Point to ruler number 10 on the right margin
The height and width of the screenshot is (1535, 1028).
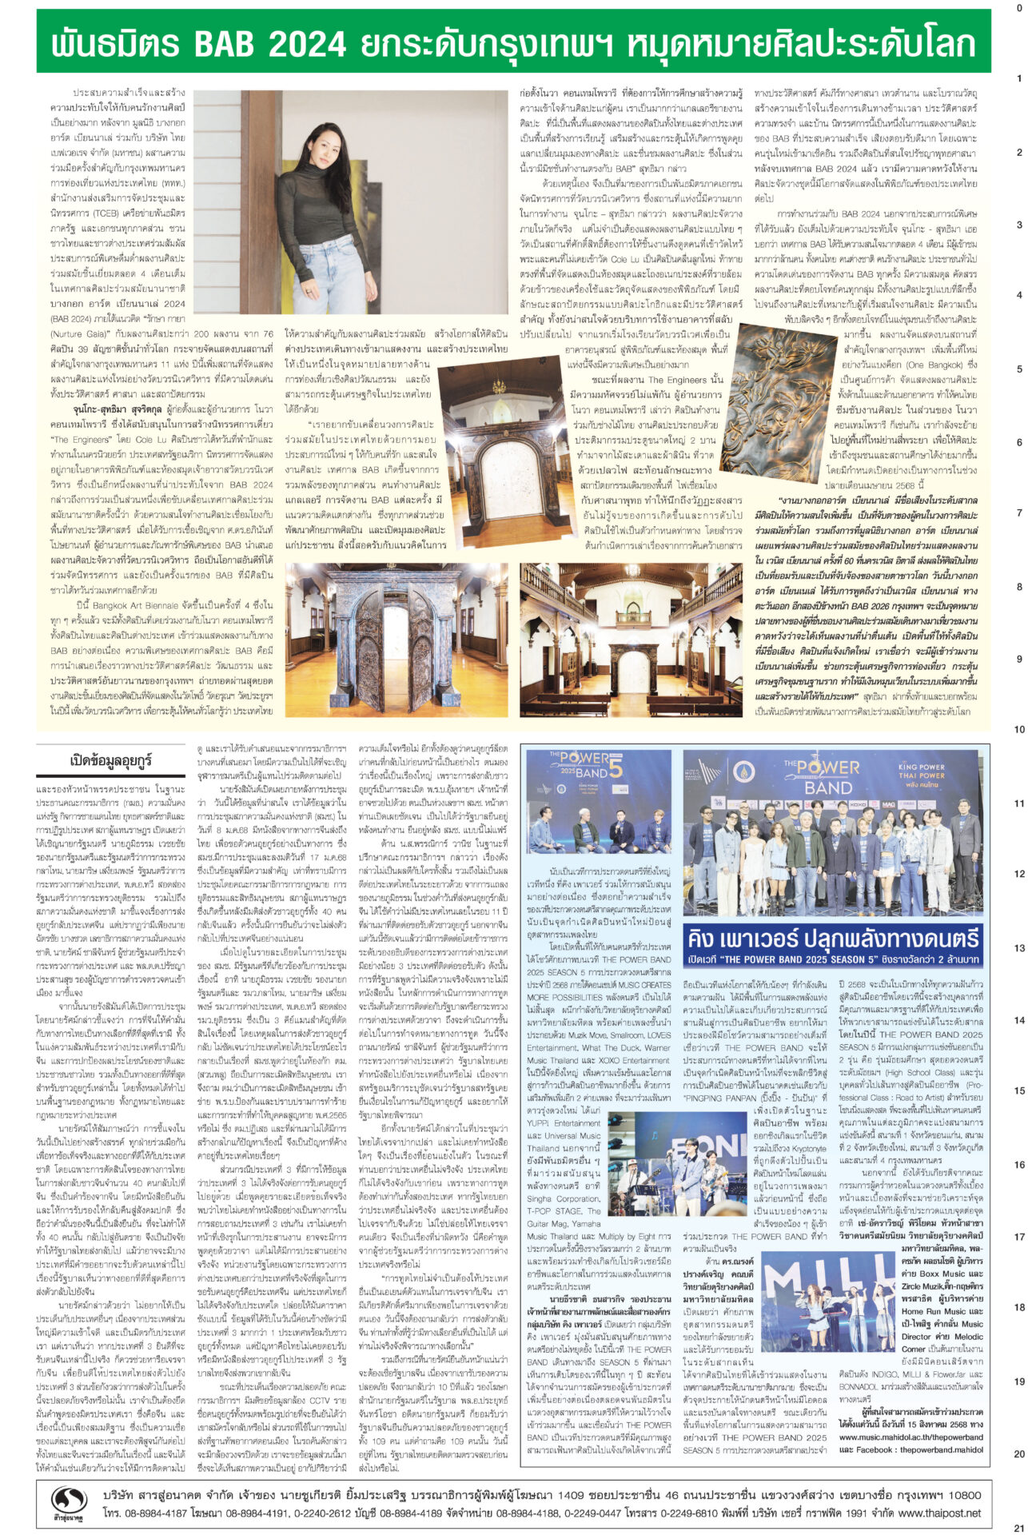1018,729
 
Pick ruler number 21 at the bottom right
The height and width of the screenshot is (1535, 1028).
1018,1527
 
